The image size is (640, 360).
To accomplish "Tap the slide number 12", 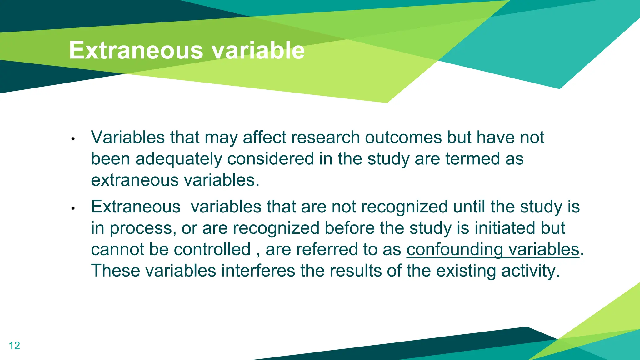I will point(14,346).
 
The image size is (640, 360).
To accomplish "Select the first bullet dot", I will point(73,139).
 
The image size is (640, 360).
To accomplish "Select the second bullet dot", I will point(73,208).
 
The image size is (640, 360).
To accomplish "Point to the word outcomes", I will point(403,137).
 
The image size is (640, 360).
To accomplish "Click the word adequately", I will point(178,159).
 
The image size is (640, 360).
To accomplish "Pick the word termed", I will point(472,159).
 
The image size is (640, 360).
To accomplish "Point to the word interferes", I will point(258,271).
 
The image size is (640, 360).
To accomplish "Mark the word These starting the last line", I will point(116,271).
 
